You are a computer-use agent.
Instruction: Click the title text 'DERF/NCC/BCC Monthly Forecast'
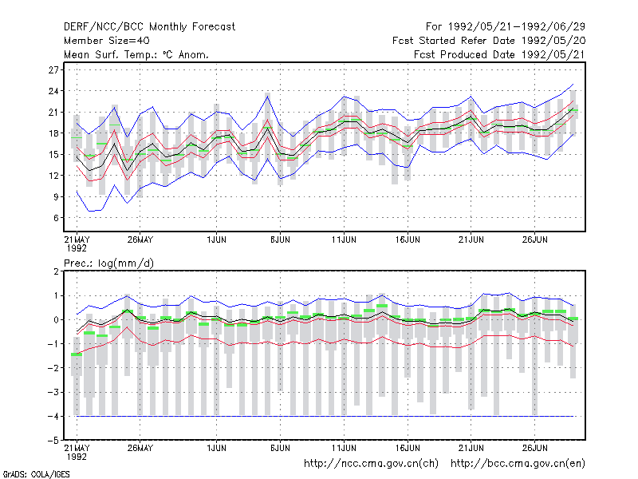(149, 27)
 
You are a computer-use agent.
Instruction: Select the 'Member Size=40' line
(107, 41)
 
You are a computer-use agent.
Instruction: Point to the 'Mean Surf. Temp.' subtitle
(136, 54)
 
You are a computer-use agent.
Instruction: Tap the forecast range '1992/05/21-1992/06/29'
(516, 27)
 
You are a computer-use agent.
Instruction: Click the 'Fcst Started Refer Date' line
(489, 41)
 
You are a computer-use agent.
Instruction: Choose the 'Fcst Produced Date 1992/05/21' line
(499, 54)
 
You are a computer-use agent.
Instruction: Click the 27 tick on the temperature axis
(53, 70)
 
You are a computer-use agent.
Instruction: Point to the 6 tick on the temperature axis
(56, 218)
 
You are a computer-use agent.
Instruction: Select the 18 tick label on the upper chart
(53, 133)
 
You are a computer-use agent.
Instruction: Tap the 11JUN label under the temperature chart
(344, 239)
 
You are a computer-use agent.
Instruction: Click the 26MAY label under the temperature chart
(140, 239)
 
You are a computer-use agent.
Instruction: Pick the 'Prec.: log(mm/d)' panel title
(108, 263)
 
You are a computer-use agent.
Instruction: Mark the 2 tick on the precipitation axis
(56, 271)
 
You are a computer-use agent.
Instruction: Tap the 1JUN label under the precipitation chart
(216, 448)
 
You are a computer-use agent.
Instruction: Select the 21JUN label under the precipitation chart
(471, 448)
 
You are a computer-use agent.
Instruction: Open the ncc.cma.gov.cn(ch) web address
(371, 464)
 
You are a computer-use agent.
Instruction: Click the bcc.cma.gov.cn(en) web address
(518, 464)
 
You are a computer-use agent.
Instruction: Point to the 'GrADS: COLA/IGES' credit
(36, 474)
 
